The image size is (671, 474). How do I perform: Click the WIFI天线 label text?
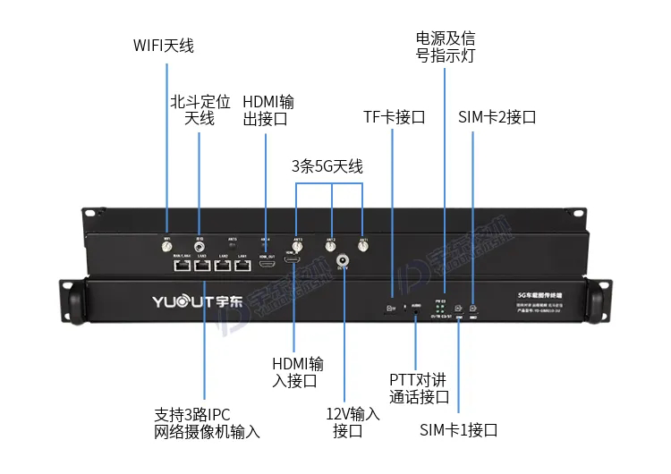coord(164,45)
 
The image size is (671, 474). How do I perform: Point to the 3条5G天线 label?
coord(327,166)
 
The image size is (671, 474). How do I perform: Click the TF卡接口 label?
coord(394,117)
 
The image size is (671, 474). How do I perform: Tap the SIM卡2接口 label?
coord(497,117)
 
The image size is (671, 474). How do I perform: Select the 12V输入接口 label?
coord(352,422)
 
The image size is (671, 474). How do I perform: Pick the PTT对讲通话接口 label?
coord(419,388)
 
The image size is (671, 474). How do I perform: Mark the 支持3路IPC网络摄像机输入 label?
coord(207,423)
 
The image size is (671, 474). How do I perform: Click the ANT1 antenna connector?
coord(362,246)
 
